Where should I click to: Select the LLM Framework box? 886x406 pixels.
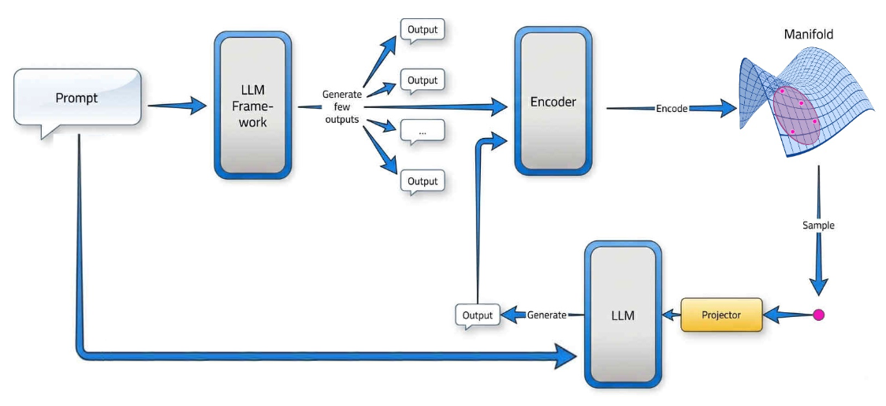click(x=252, y=106)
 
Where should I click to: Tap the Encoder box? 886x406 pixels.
click(x=553, y=101)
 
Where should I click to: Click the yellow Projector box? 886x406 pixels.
click(x=721, y=315)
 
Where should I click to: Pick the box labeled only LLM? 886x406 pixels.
click(x=623, y=315)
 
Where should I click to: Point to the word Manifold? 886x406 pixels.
click(x=808, y=35)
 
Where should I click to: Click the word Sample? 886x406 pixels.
click(x=818, y=225)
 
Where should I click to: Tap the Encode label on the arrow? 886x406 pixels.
click(x=672, y=109)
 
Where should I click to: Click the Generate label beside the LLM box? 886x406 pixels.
click(x=545, y=315)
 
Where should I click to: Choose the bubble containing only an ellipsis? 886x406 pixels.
click(x=422, y=132)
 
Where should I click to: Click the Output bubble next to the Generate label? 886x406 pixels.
click(x=478, y=315)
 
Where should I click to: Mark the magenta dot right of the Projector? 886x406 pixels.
click(x=818, y=315)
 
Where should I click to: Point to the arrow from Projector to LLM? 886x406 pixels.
click(x=672, y=315)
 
